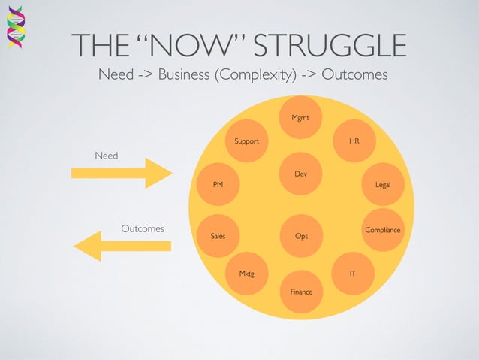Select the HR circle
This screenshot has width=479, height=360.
point(354,141)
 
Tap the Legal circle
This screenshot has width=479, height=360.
point(383,184)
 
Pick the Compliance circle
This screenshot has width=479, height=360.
point(383,229)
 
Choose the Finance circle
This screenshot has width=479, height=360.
point(301,291)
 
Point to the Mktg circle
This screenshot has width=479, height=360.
point(247,274)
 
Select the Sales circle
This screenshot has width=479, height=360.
point(218,236)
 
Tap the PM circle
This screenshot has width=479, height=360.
point(218,184)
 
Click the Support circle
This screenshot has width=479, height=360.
point(247,141)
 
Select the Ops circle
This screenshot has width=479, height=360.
point(301,236)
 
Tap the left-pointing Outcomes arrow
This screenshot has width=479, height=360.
point(123,246)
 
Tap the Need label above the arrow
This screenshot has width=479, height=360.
point(106,155)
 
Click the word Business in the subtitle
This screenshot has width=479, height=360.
point(185,75)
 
